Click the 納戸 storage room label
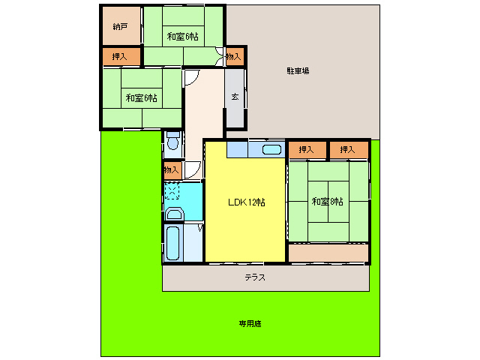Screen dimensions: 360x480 (120, 27)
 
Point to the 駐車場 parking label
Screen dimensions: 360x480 (298, 71)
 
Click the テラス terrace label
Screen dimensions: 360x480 (255, 277)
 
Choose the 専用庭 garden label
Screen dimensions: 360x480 (250, 324)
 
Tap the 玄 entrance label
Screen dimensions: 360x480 (235, 96)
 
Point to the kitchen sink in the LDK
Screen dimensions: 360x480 (270, 150)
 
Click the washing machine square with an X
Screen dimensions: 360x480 (172, 190)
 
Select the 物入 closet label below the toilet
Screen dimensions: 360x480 (171, 170)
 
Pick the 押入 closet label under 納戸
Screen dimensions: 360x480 (120, 57)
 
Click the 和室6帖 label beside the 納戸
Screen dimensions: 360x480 (182, 37)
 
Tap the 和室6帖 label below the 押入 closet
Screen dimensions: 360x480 (141, 98)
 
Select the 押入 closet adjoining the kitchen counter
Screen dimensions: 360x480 (306, 150)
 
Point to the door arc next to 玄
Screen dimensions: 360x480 (191, 77)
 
